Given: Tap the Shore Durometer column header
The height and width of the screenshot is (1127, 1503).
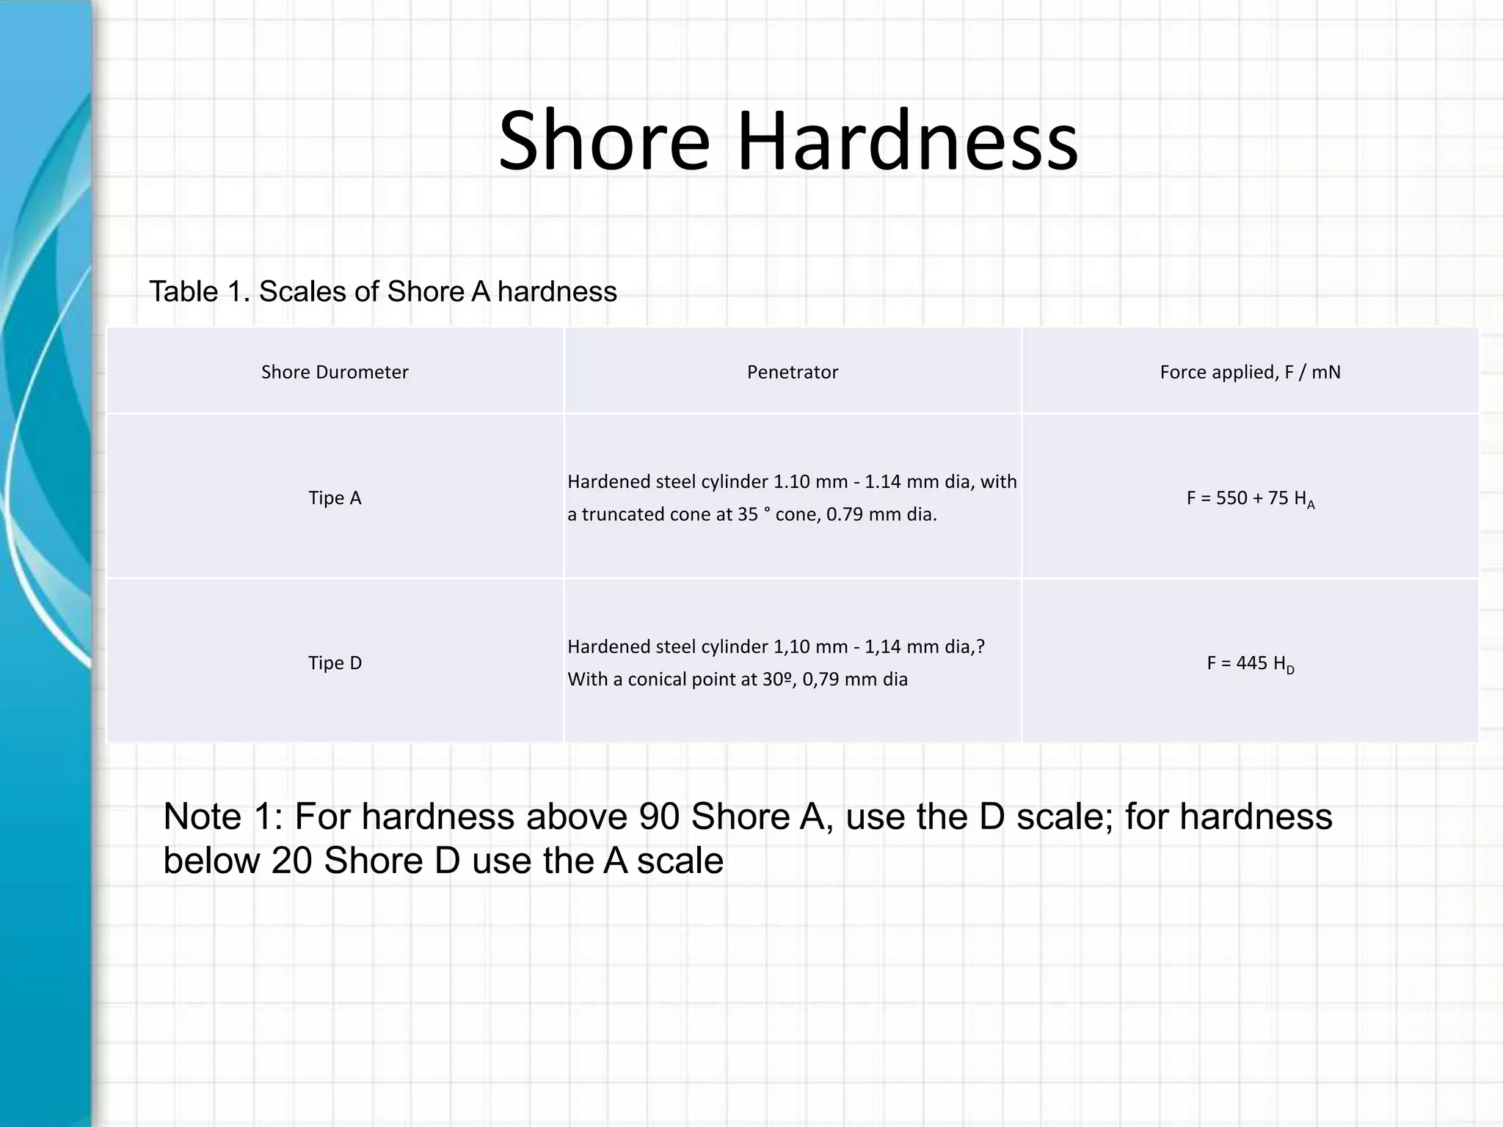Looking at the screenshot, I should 335,372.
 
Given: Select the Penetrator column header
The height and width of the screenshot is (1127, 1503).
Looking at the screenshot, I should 793,372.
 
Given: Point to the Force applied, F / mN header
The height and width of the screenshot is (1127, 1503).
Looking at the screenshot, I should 1250,372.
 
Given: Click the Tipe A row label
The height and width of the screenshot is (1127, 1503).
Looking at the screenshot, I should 335,498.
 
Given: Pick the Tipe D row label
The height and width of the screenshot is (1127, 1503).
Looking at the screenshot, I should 335,663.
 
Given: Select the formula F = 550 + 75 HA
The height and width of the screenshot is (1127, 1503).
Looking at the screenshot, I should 1250,499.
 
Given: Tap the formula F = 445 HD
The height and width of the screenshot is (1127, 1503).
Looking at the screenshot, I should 1250,664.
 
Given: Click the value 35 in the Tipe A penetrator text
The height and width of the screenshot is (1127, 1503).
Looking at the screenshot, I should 748,514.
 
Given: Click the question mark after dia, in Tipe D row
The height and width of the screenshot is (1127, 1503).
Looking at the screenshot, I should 980,646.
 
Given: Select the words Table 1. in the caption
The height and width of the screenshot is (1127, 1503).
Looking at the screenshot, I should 200,292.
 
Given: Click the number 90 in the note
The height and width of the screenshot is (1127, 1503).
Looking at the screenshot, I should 659,817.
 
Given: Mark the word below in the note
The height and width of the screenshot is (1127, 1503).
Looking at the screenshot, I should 211,861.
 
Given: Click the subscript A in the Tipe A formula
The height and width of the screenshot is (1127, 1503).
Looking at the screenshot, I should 1311,505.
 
